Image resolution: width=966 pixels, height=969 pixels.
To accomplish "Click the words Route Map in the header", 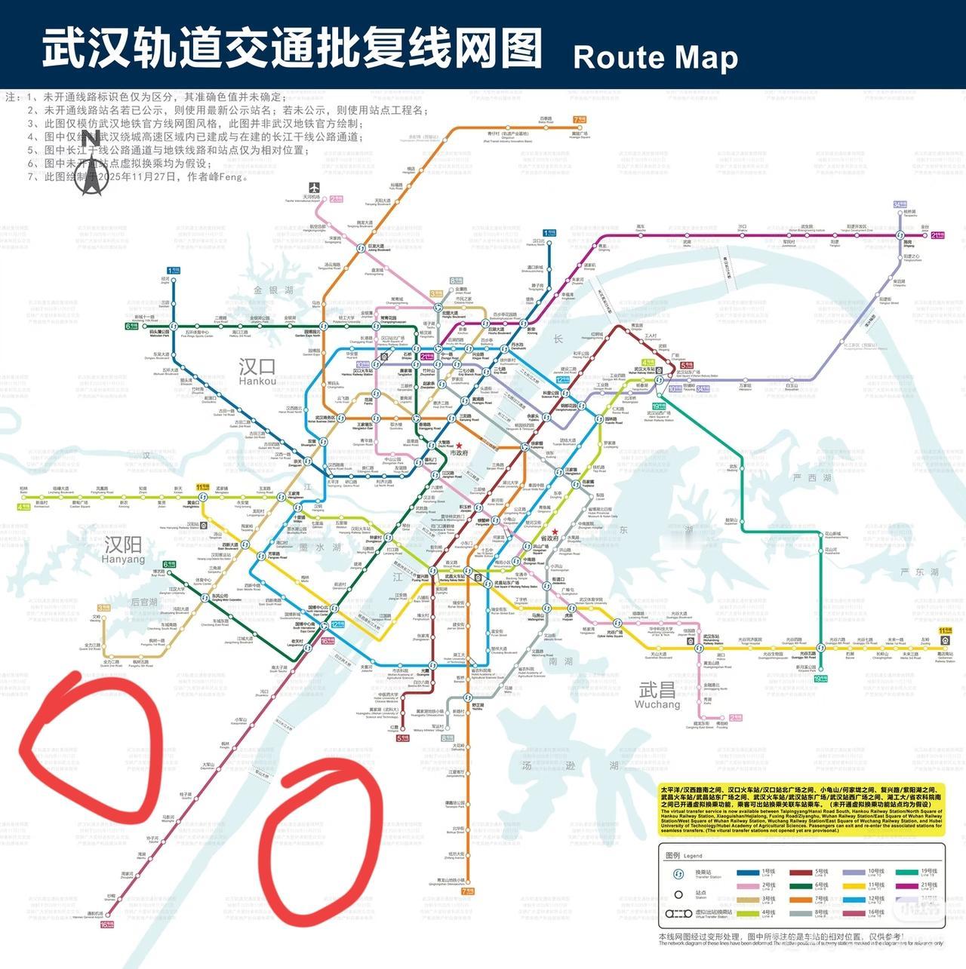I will point(655,58).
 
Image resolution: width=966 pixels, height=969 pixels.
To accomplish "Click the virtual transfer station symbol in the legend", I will point(678,913).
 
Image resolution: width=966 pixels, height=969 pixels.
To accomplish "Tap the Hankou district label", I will point(257,370).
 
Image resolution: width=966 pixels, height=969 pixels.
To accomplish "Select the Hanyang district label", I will point(123,548).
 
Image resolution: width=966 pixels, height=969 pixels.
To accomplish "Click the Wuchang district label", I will point(657,694).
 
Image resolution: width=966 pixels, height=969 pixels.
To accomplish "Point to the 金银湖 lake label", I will point(272,290).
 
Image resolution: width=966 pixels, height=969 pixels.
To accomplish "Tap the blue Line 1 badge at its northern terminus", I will point(174,268).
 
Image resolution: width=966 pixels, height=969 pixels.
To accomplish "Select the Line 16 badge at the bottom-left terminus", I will point(106,924).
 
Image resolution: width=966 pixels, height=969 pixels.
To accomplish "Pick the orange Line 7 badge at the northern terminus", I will point(580,119).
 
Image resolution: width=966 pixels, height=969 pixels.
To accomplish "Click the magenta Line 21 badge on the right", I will point(937,235).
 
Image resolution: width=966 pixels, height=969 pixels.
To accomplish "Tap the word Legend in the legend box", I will point(692,856).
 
